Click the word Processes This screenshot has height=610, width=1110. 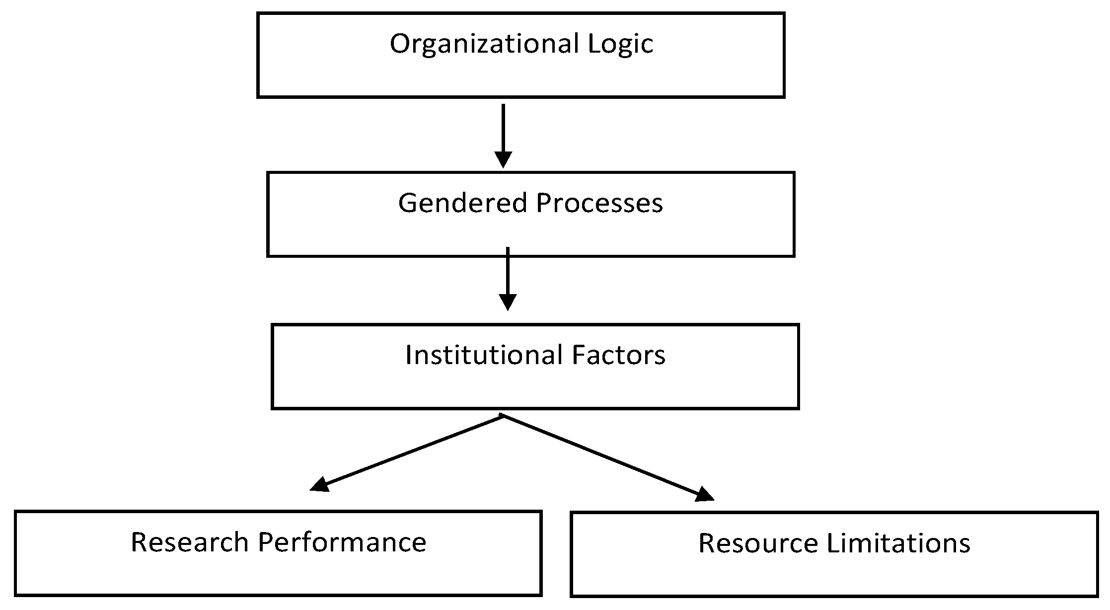coord(599,204)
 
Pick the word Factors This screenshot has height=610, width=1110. coord(618,356)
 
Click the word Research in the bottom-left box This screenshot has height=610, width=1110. coord(189,542)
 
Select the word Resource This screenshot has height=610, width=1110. coord(758,543)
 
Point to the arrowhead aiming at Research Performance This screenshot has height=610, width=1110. coord(320,484)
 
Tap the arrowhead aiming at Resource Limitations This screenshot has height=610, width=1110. coord(704,494)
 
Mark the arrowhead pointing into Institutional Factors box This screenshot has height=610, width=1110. coord(508,302)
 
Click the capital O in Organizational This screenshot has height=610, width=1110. coord(399,44)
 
